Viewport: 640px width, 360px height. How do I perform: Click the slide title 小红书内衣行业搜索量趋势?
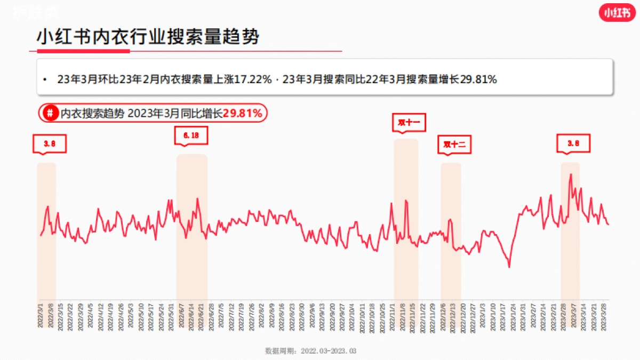[148, 37]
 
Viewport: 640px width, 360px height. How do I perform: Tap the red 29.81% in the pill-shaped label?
[242, 113]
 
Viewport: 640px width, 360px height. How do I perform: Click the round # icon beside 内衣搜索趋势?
[50, 113]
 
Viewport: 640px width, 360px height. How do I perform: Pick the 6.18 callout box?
[191, 136]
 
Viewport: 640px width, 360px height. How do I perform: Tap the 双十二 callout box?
[455, 145]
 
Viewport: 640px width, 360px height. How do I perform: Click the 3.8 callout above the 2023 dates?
[573, 143]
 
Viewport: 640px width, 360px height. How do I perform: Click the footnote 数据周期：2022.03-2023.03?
[310, 351]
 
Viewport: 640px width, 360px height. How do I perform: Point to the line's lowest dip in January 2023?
[509, 267]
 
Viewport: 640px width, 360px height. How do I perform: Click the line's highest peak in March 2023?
[571, 174]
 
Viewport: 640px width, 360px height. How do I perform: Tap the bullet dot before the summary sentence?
[45, 80]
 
